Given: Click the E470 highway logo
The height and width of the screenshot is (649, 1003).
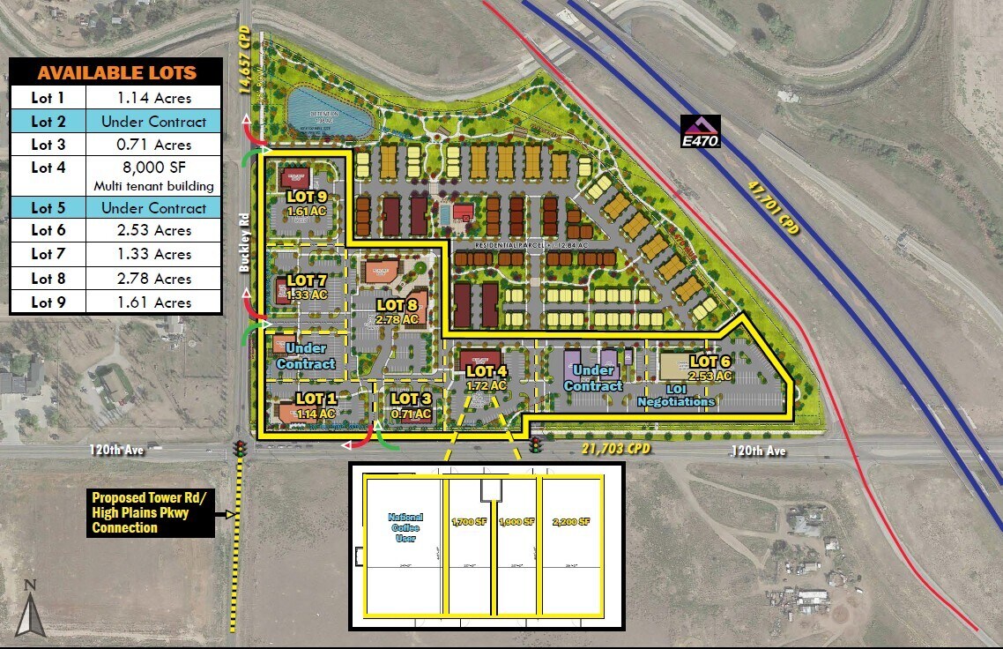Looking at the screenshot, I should click(700, 131).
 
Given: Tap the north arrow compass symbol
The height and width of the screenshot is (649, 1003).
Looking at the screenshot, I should click(31, 610).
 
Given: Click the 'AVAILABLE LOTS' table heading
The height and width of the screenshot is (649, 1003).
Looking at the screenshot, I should click(116, 72).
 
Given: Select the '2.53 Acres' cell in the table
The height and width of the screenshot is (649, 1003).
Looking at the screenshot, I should click(154, 230).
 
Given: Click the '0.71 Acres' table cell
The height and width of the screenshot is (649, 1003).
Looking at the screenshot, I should click(154, 145).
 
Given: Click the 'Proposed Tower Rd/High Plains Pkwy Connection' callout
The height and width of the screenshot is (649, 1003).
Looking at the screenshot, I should click(150, 512).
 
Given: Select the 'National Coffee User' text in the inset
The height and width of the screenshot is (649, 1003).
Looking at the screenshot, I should click(405, 527).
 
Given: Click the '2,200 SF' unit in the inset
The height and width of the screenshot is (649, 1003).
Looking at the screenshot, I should click(572, 522).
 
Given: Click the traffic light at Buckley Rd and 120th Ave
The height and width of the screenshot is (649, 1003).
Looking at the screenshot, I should click(239, 449).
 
